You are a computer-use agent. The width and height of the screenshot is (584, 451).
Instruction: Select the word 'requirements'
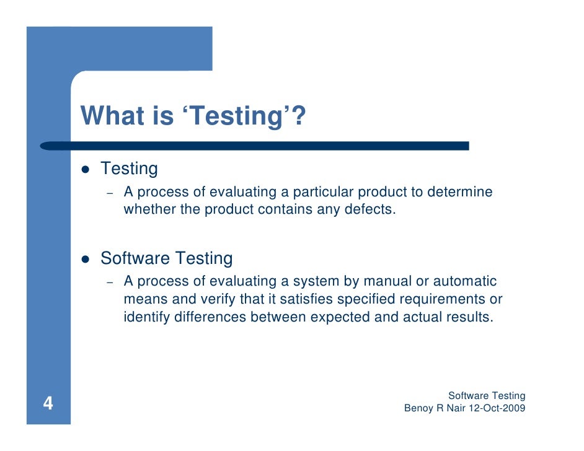tap(442, 300)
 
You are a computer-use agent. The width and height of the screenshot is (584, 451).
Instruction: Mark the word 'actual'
tap(417, 318)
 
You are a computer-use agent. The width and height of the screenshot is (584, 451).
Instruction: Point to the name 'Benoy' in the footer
tap(419, 408)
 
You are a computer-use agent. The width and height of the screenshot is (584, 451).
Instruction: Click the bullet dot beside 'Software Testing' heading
tap(86, 259)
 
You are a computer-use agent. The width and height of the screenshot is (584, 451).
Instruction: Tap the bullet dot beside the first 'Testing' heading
tap(86, 169)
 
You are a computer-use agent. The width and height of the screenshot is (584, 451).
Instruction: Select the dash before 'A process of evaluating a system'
tap(110, 283)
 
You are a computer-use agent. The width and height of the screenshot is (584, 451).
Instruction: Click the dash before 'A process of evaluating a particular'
tap(110, 193)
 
